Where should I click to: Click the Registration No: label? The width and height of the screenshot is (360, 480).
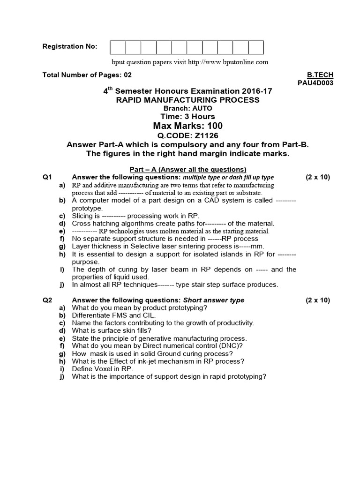pos(70,46)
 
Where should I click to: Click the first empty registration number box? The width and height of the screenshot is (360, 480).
pos(118,47)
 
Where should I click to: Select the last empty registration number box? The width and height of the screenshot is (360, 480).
pos(256,47)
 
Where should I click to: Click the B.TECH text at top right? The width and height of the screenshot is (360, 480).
pos(320,75)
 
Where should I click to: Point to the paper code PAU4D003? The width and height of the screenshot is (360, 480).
pos(316,82)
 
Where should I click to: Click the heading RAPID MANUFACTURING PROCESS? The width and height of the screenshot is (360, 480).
pos(187,100)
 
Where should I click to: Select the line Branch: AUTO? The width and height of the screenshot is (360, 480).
pos(187,108)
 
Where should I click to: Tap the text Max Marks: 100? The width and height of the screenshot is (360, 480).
pos(187,126)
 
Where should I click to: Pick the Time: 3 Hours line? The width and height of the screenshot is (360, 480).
pos(187,116)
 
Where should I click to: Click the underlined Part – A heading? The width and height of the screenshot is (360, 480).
pos(187,169)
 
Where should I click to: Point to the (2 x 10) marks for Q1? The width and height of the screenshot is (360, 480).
pos(318,177)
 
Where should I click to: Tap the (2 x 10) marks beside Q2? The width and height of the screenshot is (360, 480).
pos(318,300)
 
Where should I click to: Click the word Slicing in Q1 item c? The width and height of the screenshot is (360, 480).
pos(82,216)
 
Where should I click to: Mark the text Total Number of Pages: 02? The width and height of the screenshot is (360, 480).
pos(87,75)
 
